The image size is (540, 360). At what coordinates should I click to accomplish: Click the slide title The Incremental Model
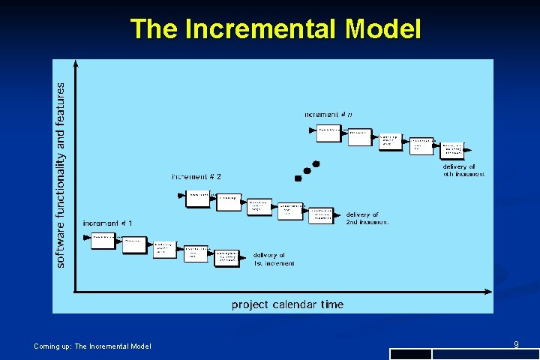pyautogui.click(x=275, y=29)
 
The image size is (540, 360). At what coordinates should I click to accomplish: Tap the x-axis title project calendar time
pyautogui.click(x=287, y=304)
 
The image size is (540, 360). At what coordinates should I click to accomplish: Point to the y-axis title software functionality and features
pyautogui.click(x=61, y=174)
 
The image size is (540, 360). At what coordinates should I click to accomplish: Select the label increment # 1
pyautogui.click(x=107, y=223)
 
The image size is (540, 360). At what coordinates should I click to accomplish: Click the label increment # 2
pyautogui.click(x=196, y=177)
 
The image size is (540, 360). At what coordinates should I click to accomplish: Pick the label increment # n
pyautogui.click(x=328, y=114)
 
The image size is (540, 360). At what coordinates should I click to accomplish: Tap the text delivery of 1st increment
pyautogui.click(x=274, y=259)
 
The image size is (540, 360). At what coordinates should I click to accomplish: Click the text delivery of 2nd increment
pyautogui.click(x=367, y=218)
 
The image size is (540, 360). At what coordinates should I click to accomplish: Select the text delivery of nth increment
pyautogui.click(x=463, y=170)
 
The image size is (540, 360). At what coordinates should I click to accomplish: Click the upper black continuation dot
pyautogui.click(x=316, y=163)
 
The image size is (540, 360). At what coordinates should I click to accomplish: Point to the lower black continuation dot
pyautogui.click(x=298, y=178)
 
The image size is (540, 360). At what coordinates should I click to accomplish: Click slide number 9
pyautogui.click(x=517, y=344)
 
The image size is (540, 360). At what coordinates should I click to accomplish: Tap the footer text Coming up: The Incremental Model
pyautogui.click(x=92, y=346)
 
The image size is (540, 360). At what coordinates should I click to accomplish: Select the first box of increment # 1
pyautogui.click(x=103, y=241)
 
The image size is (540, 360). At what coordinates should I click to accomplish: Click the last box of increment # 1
pyautogui.click(x=227, y=257)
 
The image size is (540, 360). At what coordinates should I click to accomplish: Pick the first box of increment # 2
pyautogui.click(x=198, y=199)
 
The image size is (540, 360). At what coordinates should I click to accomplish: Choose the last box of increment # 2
pyautogui.click(x=321, y=215)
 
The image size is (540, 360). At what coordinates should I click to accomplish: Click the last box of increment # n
pyautogui.click(x=452, y=149)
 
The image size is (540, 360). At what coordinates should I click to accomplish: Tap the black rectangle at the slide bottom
pyautogui.click(x=411, y=354)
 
